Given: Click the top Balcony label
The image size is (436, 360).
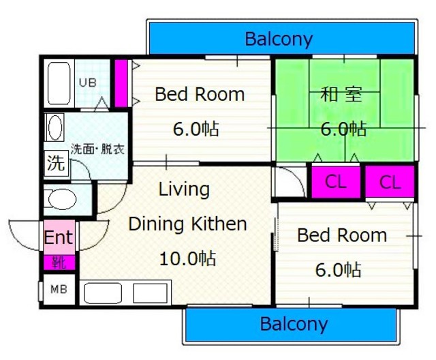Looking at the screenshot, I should pyautogui.click(x=279, y=38).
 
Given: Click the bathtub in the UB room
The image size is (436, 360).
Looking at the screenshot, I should pyautogui.click(x=58, y=84).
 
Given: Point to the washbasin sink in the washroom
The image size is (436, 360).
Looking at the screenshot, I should pyautogui.click(x=54, y=127).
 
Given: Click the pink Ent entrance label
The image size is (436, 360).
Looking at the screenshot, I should pyautogui.click(x=59, y=237).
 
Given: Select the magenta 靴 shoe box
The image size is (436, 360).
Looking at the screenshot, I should pyautogui.click(x=59, y=261).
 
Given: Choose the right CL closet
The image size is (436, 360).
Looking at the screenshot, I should pyautogui.click(x=390, y=181).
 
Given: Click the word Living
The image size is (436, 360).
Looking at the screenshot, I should pyautogui.click(x=184, y=189).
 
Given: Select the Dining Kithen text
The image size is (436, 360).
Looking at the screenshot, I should pyautogui.click(x=187, y=224).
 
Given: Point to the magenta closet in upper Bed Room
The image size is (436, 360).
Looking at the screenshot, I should pyautogui.click(x=121, y=83).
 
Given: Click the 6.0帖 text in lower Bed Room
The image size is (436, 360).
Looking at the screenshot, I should pyautogui.click(x=338, y=269).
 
